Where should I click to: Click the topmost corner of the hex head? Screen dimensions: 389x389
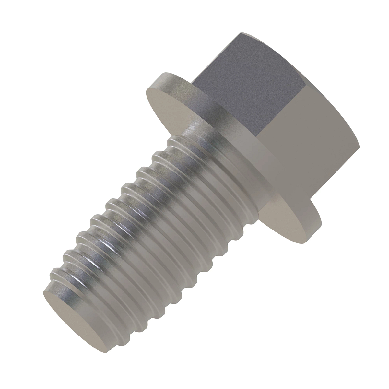coord(242,32)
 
